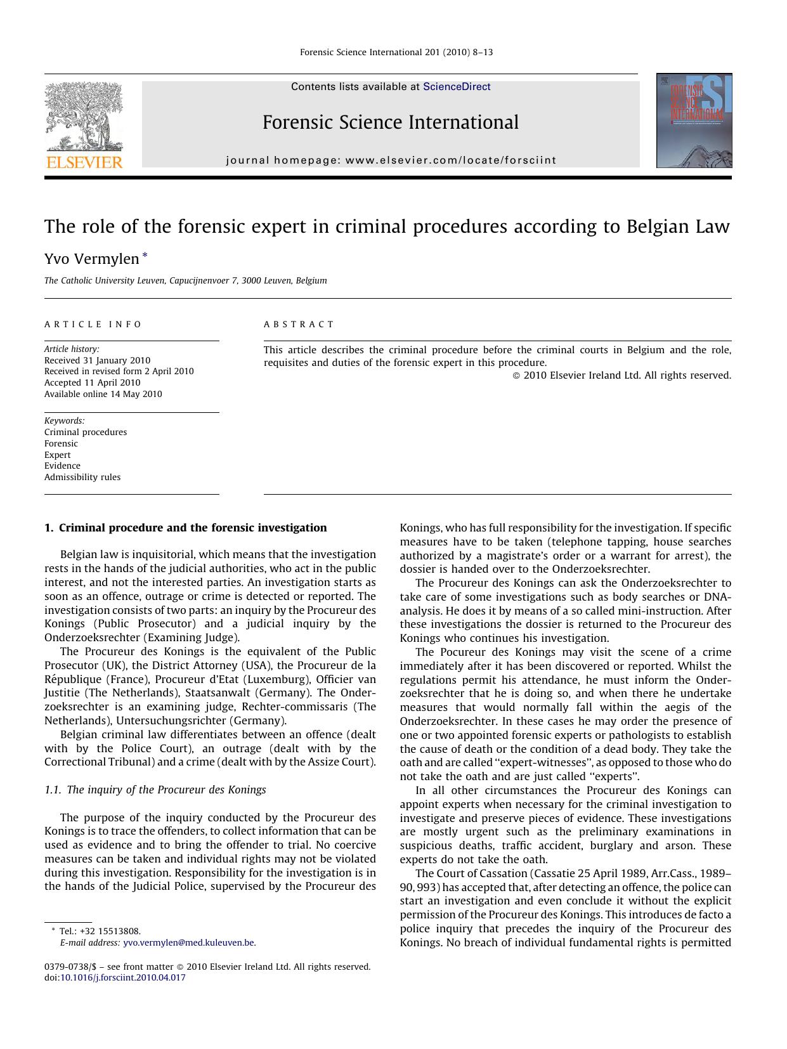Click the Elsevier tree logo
click(84, 116)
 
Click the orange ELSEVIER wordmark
click(84, 162)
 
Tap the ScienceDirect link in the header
click(457, 87)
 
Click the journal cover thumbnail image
click(694, 121)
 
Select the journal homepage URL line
click(391, 160)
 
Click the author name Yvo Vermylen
click(91, 259)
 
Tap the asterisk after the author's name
click(145, 256)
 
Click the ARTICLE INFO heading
click(93, 324)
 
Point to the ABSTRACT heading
click(299, 324)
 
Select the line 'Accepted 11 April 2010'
click(93, 382)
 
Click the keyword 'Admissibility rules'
click(82, 477)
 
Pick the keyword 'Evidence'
click(62, 466)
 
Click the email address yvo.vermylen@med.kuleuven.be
click(188, 942)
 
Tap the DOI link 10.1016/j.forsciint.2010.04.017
click(123, 977)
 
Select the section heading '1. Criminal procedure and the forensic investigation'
click(186, 528)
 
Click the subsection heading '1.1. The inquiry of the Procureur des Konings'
click(155, 790)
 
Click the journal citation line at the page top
click(396, 52)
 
